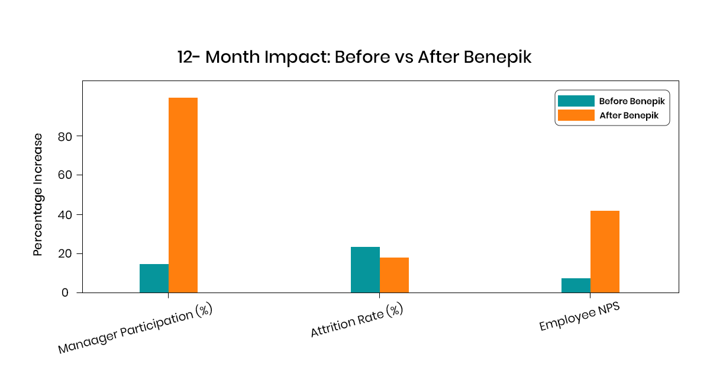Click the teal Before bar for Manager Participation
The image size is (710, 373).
point(154,278)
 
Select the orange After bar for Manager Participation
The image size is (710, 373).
point(183,195)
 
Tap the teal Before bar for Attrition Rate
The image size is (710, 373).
point(365,270)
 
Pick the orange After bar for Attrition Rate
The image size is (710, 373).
point(394,275)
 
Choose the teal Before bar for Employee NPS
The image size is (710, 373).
point(576,285)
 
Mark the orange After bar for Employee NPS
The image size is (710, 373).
point(605,252)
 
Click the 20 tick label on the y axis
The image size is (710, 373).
point(63,253)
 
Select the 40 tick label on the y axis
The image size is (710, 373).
point(63,214)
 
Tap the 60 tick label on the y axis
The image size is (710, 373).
point(63,175)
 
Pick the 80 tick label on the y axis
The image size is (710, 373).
point(63,136)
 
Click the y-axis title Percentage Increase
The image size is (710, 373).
point(38,194)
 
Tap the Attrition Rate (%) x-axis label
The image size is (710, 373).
point(357,321)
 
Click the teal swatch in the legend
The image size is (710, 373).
point(576,101)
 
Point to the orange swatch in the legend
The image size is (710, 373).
point(576,115)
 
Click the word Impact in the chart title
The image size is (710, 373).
point(301,57)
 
